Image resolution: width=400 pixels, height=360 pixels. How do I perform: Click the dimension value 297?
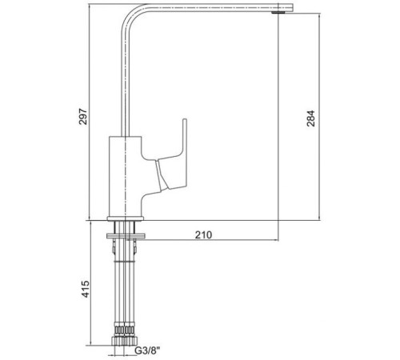83,117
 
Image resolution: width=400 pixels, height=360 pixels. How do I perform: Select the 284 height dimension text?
310,118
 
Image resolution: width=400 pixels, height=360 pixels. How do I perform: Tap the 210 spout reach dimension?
204,235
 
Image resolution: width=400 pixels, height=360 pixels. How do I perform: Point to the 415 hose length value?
86,289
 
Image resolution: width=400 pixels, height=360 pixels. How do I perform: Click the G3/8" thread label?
147,350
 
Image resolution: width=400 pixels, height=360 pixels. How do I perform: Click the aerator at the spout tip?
278,12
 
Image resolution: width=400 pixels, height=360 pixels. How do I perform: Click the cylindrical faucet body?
125,176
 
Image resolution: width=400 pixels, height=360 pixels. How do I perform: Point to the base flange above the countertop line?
126,218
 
